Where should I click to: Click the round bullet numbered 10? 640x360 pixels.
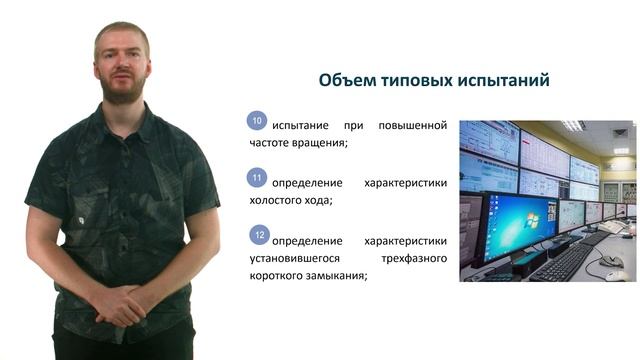coord(257,122)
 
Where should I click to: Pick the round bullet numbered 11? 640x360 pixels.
coord(257,179)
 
